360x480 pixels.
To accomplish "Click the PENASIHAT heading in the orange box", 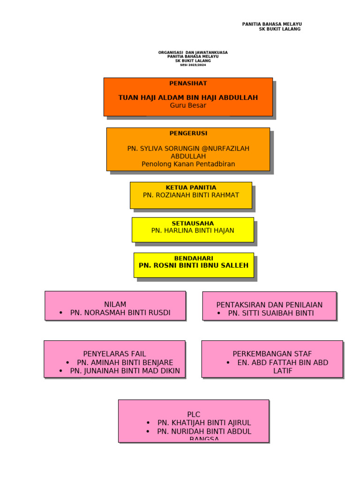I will click(188, 83).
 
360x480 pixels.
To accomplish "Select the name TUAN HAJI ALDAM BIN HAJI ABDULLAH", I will click(188, 97).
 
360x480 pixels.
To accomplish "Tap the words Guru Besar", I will click(188, 105).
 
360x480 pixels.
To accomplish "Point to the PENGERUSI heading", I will click(188, 133).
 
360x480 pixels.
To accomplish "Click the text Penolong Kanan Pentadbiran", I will click(188, 164).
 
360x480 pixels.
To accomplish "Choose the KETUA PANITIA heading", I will click(191, 187).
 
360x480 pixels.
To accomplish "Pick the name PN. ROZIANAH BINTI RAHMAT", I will click(191, 195).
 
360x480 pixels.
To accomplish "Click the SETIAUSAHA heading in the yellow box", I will click(193, 224).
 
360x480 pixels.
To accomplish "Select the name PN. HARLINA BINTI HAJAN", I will click(193, 231).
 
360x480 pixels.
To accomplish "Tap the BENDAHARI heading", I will click(194, 258).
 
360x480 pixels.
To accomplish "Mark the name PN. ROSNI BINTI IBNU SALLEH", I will click(194, 265).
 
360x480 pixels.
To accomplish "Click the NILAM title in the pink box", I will click(115, 304).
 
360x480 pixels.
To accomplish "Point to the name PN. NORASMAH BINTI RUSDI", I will click(120, 313).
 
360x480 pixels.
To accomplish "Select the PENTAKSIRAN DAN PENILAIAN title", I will click(270, 305).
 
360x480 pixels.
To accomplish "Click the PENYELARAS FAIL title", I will click(115, 354).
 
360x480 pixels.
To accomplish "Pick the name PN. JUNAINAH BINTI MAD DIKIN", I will click(125, 371).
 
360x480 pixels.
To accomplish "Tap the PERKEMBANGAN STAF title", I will click(272, 354).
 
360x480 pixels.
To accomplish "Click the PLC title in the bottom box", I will click(194, 414).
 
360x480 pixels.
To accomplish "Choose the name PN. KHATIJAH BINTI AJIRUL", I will click(204, 423).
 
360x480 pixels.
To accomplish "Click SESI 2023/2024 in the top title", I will click(193, 65).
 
